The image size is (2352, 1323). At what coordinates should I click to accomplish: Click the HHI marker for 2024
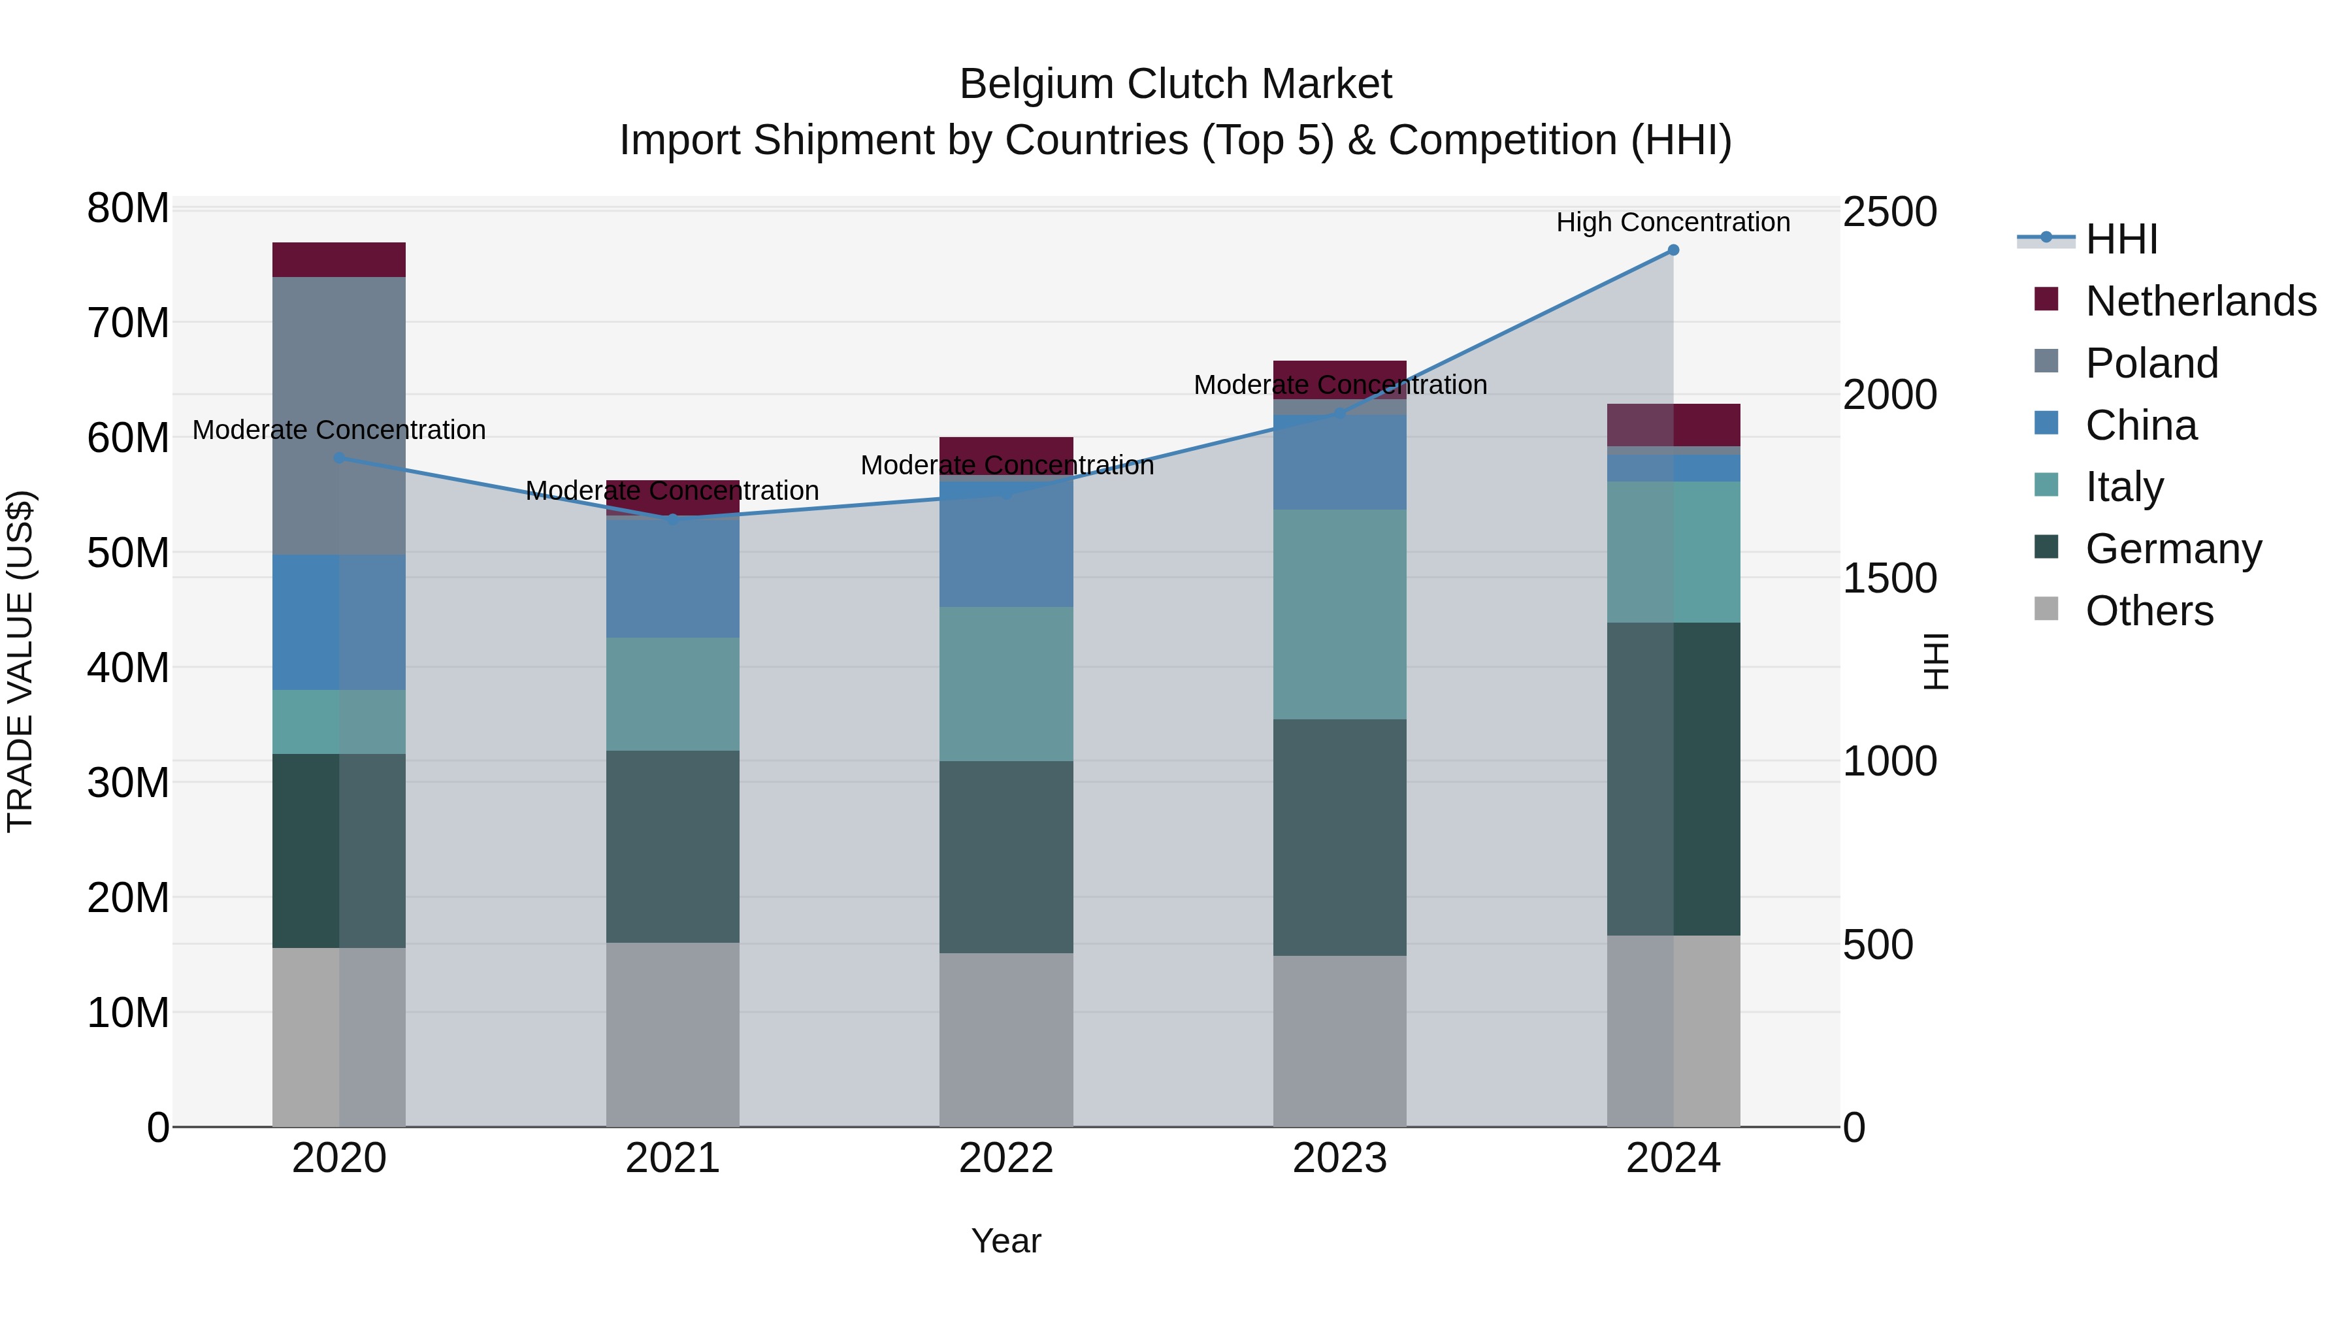[1673, 250]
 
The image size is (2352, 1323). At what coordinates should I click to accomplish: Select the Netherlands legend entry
[2200, 301]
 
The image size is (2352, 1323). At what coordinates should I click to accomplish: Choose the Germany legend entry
[2172, 549]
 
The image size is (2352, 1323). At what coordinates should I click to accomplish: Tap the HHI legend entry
[2120, 239]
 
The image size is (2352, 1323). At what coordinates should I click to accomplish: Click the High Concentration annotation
[1673, 223]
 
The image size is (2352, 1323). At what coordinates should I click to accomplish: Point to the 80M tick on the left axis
[128, 208]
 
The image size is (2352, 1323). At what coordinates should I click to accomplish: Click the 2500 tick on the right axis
[1889, 212]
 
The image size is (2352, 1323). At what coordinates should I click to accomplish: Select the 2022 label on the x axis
[1006, 1158]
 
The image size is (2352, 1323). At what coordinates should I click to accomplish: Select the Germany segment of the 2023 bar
[1339, 838]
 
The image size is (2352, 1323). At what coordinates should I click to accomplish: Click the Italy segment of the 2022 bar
[1006, 684]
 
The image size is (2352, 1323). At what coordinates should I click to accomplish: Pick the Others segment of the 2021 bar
[673, 1034]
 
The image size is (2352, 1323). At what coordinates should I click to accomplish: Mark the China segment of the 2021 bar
[673, 577]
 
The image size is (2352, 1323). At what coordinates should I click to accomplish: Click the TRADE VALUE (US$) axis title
[20, 661]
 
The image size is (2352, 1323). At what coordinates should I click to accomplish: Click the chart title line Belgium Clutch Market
[1175, 84]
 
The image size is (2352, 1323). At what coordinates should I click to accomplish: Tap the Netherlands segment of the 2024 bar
[1673, 425]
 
